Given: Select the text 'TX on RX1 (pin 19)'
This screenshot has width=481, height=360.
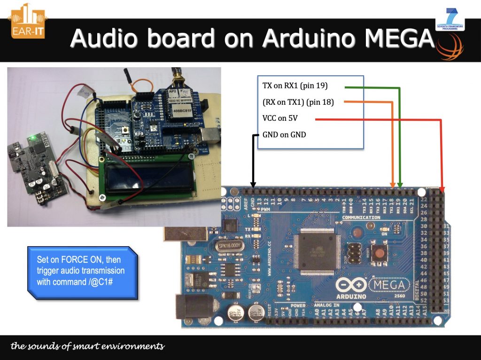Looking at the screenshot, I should tap(295, 86).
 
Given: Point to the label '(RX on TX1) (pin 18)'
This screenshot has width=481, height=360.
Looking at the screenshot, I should tap(298, 102).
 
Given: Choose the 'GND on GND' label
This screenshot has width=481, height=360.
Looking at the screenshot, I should tap(284, 135).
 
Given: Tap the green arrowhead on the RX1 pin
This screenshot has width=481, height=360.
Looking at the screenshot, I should tap(400, 184).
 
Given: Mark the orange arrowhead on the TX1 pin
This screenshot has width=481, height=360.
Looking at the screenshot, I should tap(393, 184).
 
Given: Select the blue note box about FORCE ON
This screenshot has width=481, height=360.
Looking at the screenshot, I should tap(82, 271).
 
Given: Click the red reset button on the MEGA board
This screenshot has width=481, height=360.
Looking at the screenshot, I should tap(379, 253).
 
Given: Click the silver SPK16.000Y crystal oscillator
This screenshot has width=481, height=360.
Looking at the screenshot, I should tap(229, 245).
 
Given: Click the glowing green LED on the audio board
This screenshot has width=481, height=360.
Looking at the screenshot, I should tap(31, 138).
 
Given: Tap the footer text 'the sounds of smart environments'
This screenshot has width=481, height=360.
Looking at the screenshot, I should tap(88, 347).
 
